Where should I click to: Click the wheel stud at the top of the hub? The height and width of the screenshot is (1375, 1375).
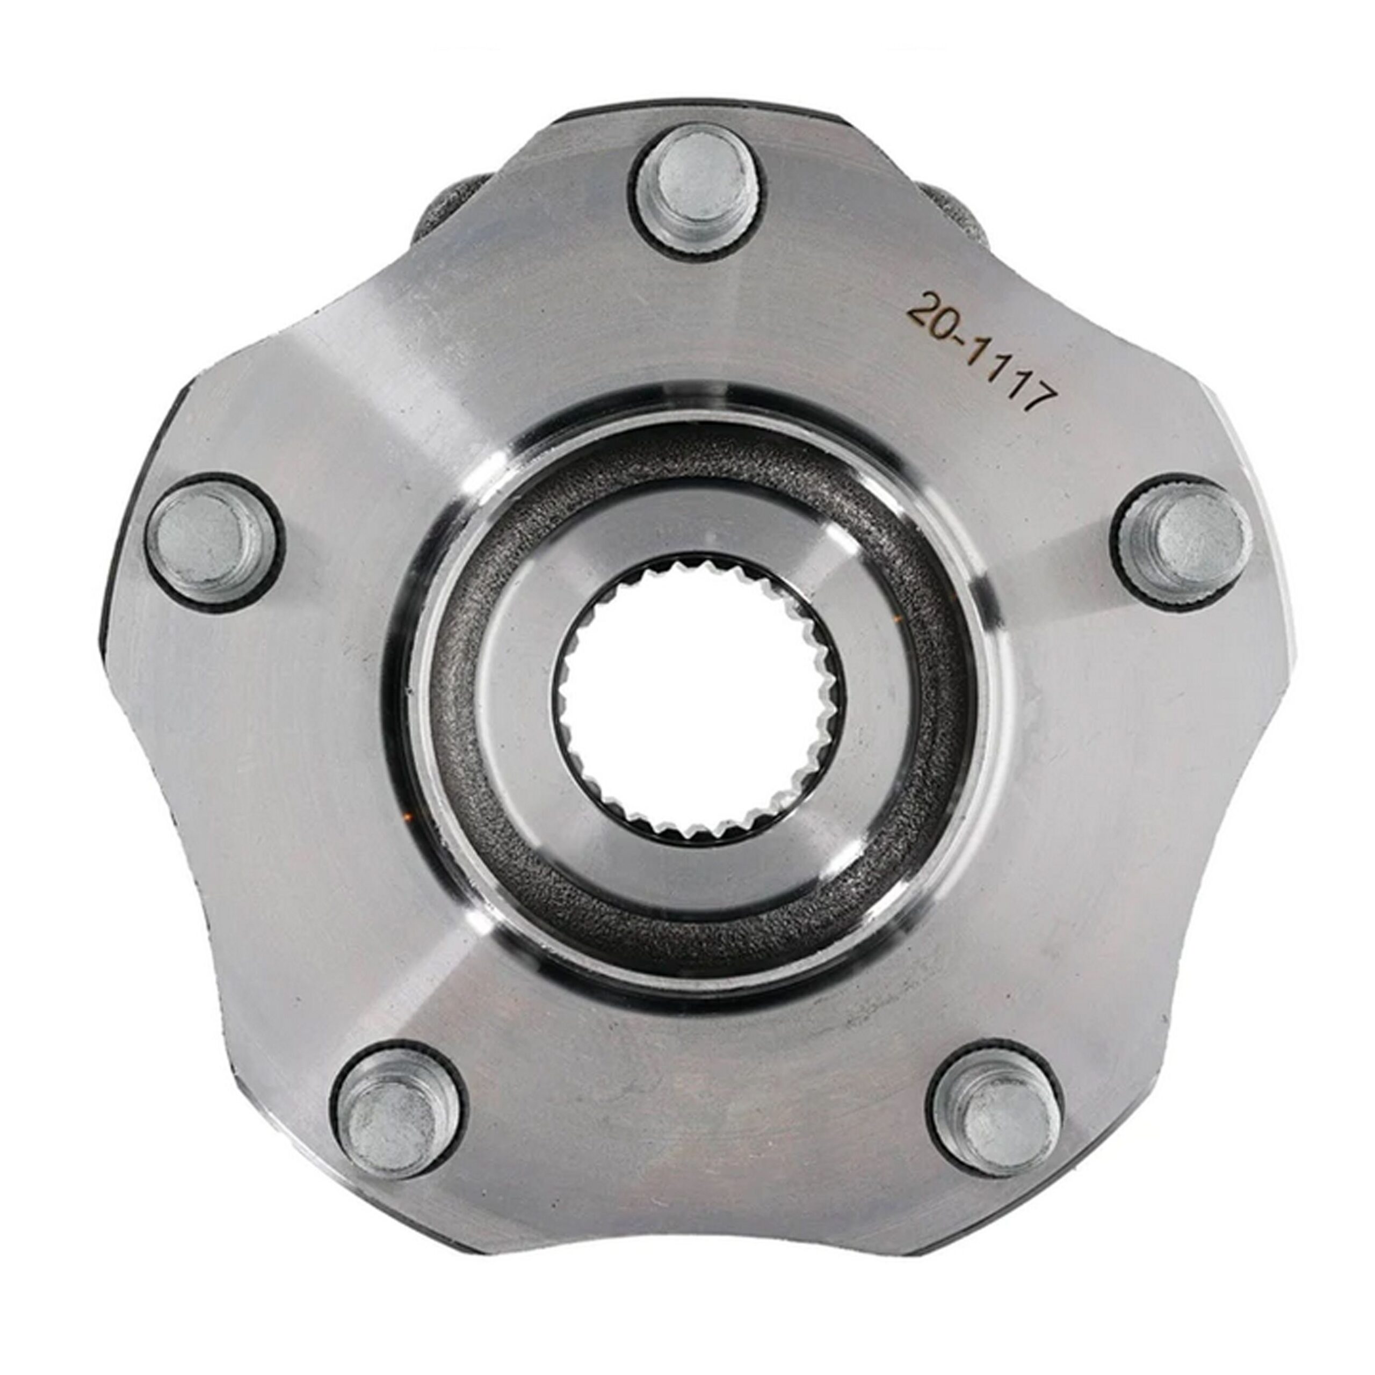point(699,186)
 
